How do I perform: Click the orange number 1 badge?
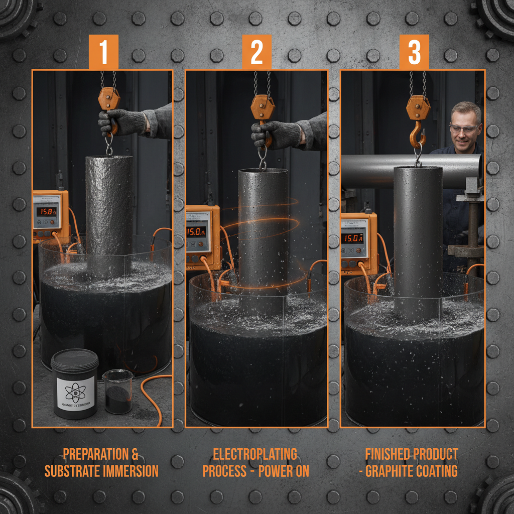pyautogui.click(x=104, y=52)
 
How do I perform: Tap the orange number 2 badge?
pyautogui.click(x=256, y=52)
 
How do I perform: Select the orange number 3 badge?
pyautogui.click(x=414, y=52)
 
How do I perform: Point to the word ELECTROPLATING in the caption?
pyautogui.click(x=255, y=454)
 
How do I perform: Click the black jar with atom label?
pyautogui.click(x=75, y=384)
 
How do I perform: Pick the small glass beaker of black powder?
pyautogui.click(x=118, y=392)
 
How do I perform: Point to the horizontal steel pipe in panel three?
pyautogui.click(x=369, y=171)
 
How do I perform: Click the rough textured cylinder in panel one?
pyautogui.click(x=108, y=211)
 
